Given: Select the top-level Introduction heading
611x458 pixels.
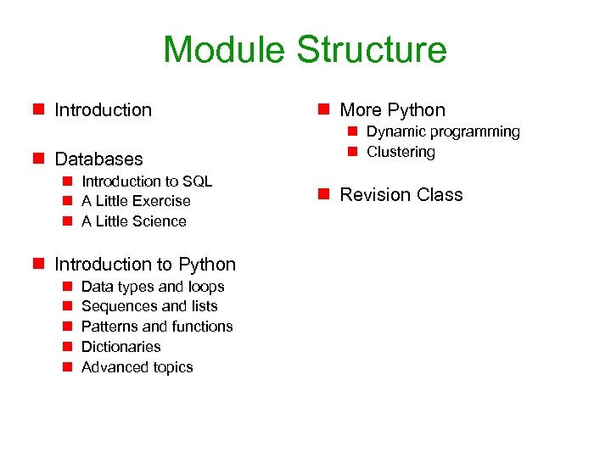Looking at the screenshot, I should pyautogui.click(x=103, y=109).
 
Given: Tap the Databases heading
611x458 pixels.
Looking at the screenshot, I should pyautogui.click(x=98, y=159).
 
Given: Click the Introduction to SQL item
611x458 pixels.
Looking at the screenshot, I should pyautogui.click(x=147, y=181).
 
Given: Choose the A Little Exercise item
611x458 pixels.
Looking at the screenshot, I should pyautogui.click(x=136, y=201).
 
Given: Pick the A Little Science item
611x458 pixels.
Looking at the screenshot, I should pyautogui.click(x=134, y=221).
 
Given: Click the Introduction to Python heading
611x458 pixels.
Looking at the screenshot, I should pyautogui.click(x=145, y=265).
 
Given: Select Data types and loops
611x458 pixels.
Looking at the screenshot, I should pyautogui.click(x=153, y=287).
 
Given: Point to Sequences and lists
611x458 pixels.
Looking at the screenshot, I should pyautogui.click(x=149, y=306).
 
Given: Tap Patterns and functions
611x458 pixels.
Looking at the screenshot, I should pyautogui.click(x=157, y=327).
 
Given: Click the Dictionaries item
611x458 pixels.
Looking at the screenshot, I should pyautogui.click(x=121, y=347).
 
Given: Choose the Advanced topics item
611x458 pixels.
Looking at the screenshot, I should pyautogui.click(x=137, y=367).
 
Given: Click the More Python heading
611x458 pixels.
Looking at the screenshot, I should pyautogui.click(x=392, y=109).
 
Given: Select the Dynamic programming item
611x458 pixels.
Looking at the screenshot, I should pyautogui.click(x=443, y=131).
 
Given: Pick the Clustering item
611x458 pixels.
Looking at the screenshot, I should pyautogui.click(x=401, y=152).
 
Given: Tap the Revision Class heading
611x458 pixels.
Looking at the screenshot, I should pyautogui.click(x=401, y=194).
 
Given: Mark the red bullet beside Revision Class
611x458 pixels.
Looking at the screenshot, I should pyautogui.click(x=323, y=194).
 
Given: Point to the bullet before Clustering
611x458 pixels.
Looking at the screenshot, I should pyautogui.click(x=350, y=152).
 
